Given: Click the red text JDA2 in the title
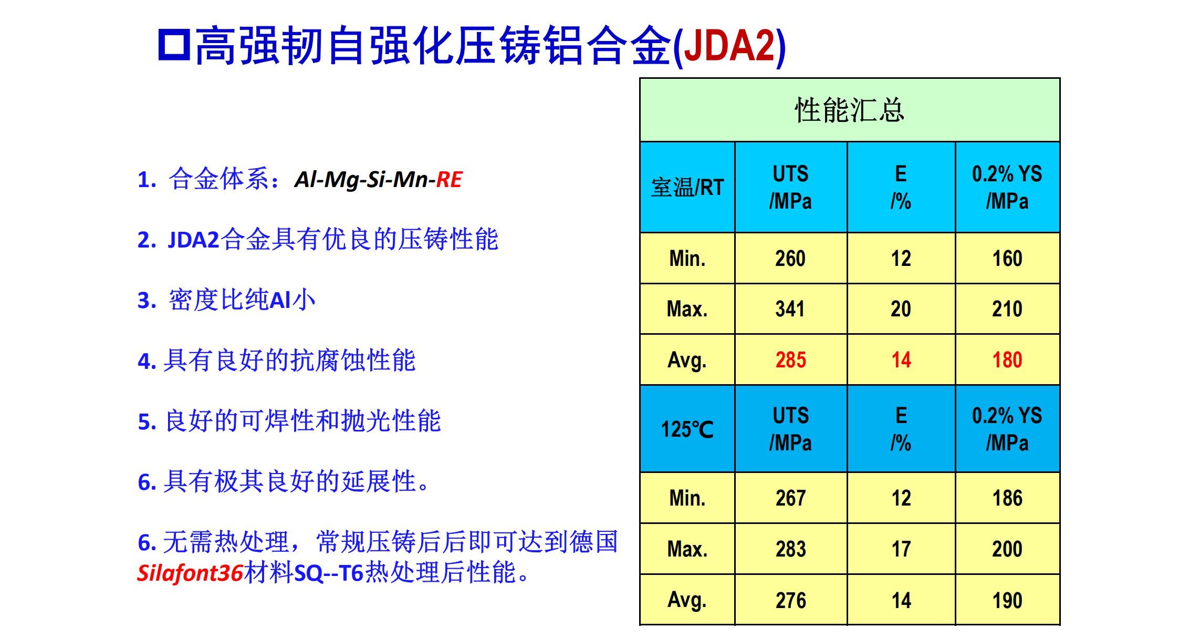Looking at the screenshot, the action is pyautogui.click(x=729, y=45).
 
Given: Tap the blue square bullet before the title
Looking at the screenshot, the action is pyautogui.click(x=174, y=45).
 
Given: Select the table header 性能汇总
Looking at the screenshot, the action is pyautogui.click(x=849, y=110).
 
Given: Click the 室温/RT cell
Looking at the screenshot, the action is pyautogui.click(x=687, y=187).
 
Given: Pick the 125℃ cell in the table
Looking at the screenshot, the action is pyautogui.click(x=687, y=429).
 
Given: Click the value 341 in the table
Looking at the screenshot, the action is pyautogui.click(x=790, y=309).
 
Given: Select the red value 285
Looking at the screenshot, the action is pyautogui.click(x=790, y=360).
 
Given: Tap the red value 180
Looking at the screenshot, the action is pyautogui.click(x=1007, y=360).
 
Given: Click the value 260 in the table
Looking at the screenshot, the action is pyautogui.click(x=790, y=259).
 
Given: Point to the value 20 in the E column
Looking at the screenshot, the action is pyautogui.click(x=901, y=309).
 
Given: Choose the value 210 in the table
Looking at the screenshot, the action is pyautogui.click(x=1007, y=309).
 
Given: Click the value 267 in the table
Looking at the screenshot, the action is pyautogui.click(x=790, y=498).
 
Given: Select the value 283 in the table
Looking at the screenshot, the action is pyautogui.click(x=790, y=549).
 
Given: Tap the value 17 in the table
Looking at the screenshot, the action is pyautogui.click(x=901, y=549).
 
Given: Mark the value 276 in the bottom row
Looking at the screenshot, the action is pyautogui.click(x=790, y=600).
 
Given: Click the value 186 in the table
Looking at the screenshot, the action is pyautogui.click(x=1007, y=498).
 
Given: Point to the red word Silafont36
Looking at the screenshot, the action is pyautogui.click(x=190, y=572).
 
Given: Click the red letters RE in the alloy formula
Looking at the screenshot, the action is pyautogui.click(x=449, y=180).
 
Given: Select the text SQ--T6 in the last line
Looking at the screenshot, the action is pyautogui.click(x=329, y=573).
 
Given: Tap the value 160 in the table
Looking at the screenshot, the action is pyautogui.click(x=1007, y=259).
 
